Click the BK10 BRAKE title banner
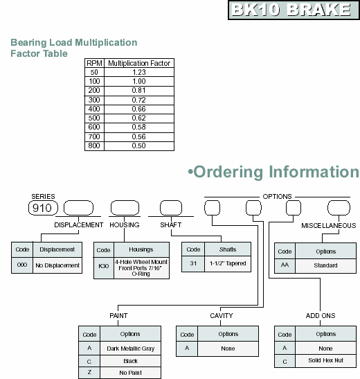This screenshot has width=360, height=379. coord(294,10)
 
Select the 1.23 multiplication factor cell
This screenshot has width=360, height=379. coord(139,72)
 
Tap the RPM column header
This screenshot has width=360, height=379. coord(94,63)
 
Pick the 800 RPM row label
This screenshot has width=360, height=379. coord(94,146)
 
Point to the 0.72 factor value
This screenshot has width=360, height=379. coord(139,100)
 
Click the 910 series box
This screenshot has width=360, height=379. coord(43,208)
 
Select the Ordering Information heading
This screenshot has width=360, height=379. coord(273,172)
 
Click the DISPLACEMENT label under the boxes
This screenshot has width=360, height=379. coord(79,225)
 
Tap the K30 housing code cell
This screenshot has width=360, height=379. coord(104,266)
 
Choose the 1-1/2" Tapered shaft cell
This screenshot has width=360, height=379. coord(228,263)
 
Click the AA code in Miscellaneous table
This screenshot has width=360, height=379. coord(285,265)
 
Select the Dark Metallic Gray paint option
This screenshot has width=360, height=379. coord(130,349)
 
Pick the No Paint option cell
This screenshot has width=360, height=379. coord(130,373)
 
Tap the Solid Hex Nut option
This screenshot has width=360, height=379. coord(325,360)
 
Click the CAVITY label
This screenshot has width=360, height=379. coord(222,316)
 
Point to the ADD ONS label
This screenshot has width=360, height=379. coord(321,316)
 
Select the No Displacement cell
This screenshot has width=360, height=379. coord(57,265)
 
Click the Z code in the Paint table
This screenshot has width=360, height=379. coord(89,373)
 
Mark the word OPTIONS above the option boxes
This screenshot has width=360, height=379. coord(277,197)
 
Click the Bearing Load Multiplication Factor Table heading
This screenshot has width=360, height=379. coord(74,48)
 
